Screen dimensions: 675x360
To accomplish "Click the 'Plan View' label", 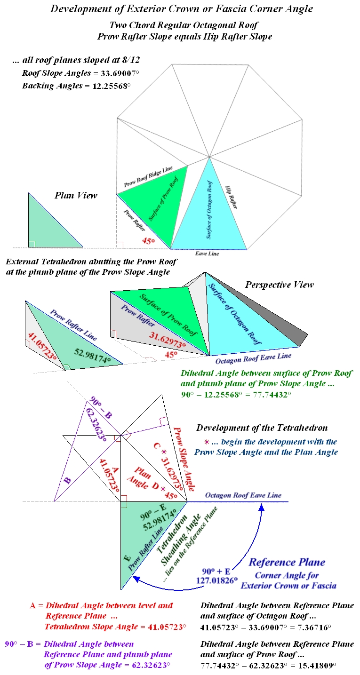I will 76,195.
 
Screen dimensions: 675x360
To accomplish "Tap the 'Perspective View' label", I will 279,285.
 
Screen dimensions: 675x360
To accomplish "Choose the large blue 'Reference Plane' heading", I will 287,563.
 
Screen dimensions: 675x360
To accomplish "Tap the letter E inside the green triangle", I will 126,558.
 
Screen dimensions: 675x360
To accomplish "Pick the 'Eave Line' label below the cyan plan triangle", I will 207,253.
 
